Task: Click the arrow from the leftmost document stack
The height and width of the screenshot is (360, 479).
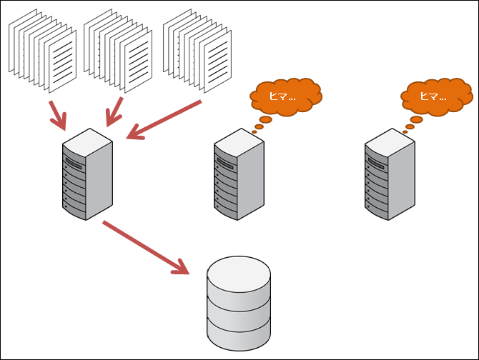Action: point(56,115)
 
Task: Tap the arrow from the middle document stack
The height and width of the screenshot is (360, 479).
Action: point(114,112)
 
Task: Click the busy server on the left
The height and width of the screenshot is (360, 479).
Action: point(87,175)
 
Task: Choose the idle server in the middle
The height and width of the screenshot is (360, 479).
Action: point(239,175)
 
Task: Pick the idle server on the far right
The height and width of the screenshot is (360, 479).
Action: point(390,175)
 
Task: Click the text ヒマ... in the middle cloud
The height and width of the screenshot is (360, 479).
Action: point(282,96)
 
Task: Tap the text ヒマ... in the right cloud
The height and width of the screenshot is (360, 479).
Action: point(433,95)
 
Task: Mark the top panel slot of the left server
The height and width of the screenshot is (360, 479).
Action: point(74,161)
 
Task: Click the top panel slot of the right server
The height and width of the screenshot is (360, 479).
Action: point(377,161)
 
